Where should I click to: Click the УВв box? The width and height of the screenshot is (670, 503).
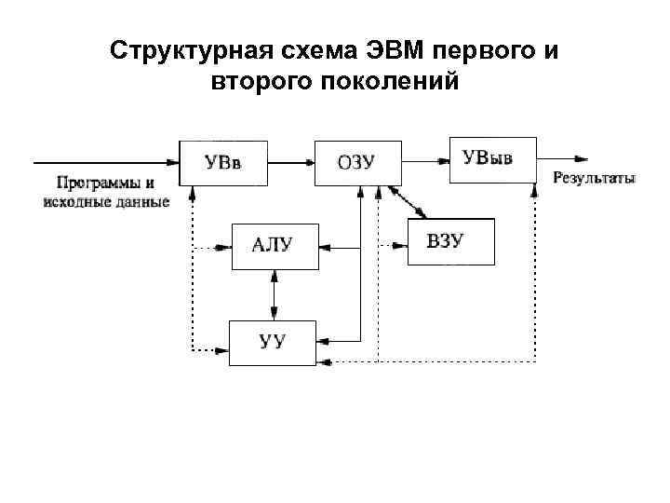[x=223, y=163]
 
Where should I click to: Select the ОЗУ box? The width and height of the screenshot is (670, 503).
[x=358, y=163]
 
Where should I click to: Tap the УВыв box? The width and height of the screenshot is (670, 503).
[x=493, y=159]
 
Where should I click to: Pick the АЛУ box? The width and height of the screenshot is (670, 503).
[x=274, y=246]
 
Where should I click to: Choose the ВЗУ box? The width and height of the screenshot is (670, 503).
[x=451, y=242]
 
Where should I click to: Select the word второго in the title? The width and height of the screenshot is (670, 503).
[x=261, y=81]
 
